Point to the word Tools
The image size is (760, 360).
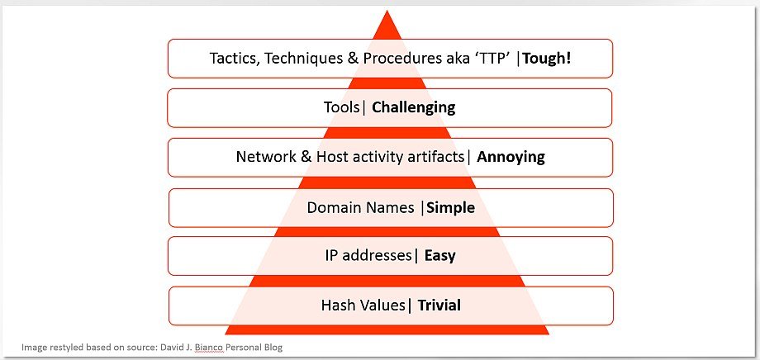point(343,107)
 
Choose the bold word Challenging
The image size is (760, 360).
point(413,107)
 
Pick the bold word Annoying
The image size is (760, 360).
point(511,158)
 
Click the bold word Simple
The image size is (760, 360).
point(450,208)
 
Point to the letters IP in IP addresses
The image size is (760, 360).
point(332,256)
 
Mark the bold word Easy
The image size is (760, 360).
point(440,256)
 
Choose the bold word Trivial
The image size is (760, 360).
point(439,306)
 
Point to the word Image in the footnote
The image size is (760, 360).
point(32,348)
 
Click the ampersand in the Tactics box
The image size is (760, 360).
point(354,59)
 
